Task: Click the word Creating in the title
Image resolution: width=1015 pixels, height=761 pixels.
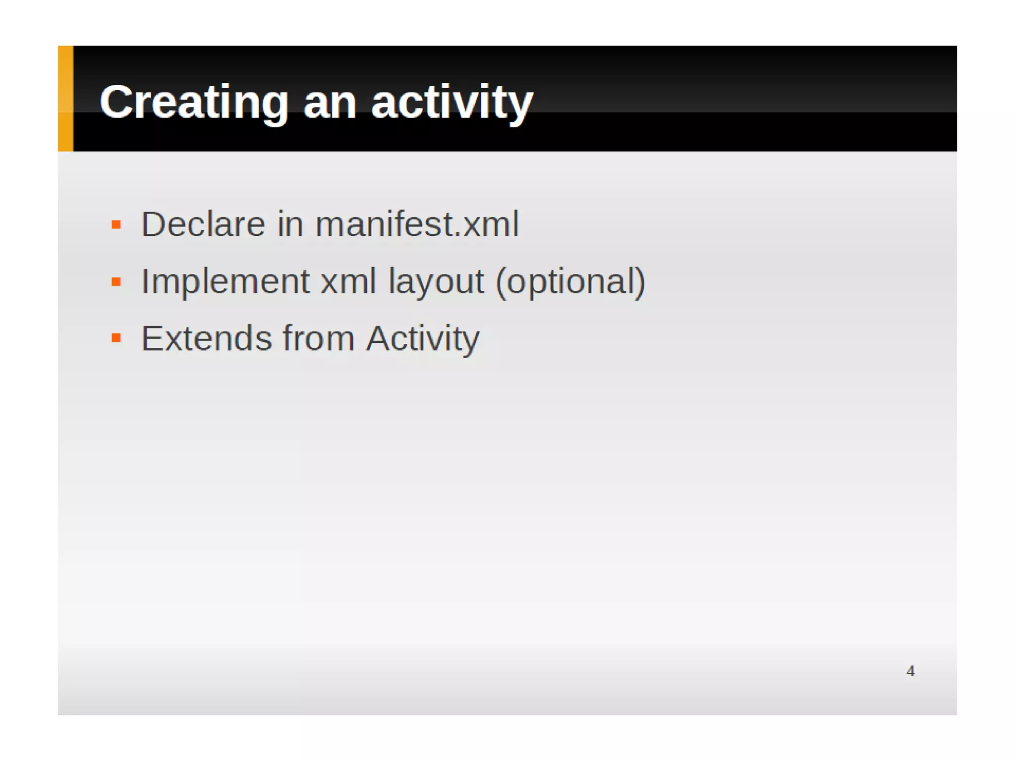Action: click(x=194, y=102)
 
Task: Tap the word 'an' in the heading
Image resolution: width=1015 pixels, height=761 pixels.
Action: click(x=330, y=103)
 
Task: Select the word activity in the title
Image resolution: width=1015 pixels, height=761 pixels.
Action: click(x=452, y=102)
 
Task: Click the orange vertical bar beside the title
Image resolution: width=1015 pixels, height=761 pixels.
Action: click(x=65, y=99)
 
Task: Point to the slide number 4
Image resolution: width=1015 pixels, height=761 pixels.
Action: click(x=910, y=671)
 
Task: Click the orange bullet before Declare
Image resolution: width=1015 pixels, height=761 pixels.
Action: click(x=116, y=225)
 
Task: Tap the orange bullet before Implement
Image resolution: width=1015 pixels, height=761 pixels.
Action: click(x=116, y=282)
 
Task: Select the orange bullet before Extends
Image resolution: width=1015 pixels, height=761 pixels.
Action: click(x=116, y=338)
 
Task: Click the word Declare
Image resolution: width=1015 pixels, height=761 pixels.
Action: click(x=203, y=224)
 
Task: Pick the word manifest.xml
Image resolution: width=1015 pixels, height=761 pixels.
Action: click(x=417, y=224)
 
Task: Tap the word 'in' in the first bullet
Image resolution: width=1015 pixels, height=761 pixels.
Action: click(x=290, y=224)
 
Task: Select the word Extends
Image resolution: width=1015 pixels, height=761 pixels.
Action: click(x=207, y=338)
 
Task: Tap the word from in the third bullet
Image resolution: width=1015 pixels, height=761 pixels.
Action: click(x=319, y=338)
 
